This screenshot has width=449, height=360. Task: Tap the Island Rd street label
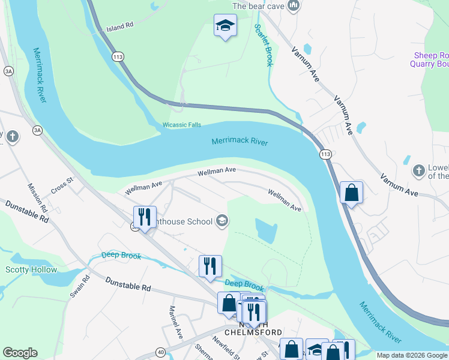(119, 28)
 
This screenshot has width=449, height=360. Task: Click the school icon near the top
(225, 25)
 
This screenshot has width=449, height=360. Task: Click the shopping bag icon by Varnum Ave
(352, 193)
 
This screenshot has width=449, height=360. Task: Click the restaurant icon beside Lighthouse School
(145, 217)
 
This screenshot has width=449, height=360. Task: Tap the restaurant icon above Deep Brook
(210, 266)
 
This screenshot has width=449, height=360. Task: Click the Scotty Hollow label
(31, 270)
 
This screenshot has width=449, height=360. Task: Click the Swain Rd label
(79, 287)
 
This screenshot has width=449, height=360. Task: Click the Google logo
(20, 353)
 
